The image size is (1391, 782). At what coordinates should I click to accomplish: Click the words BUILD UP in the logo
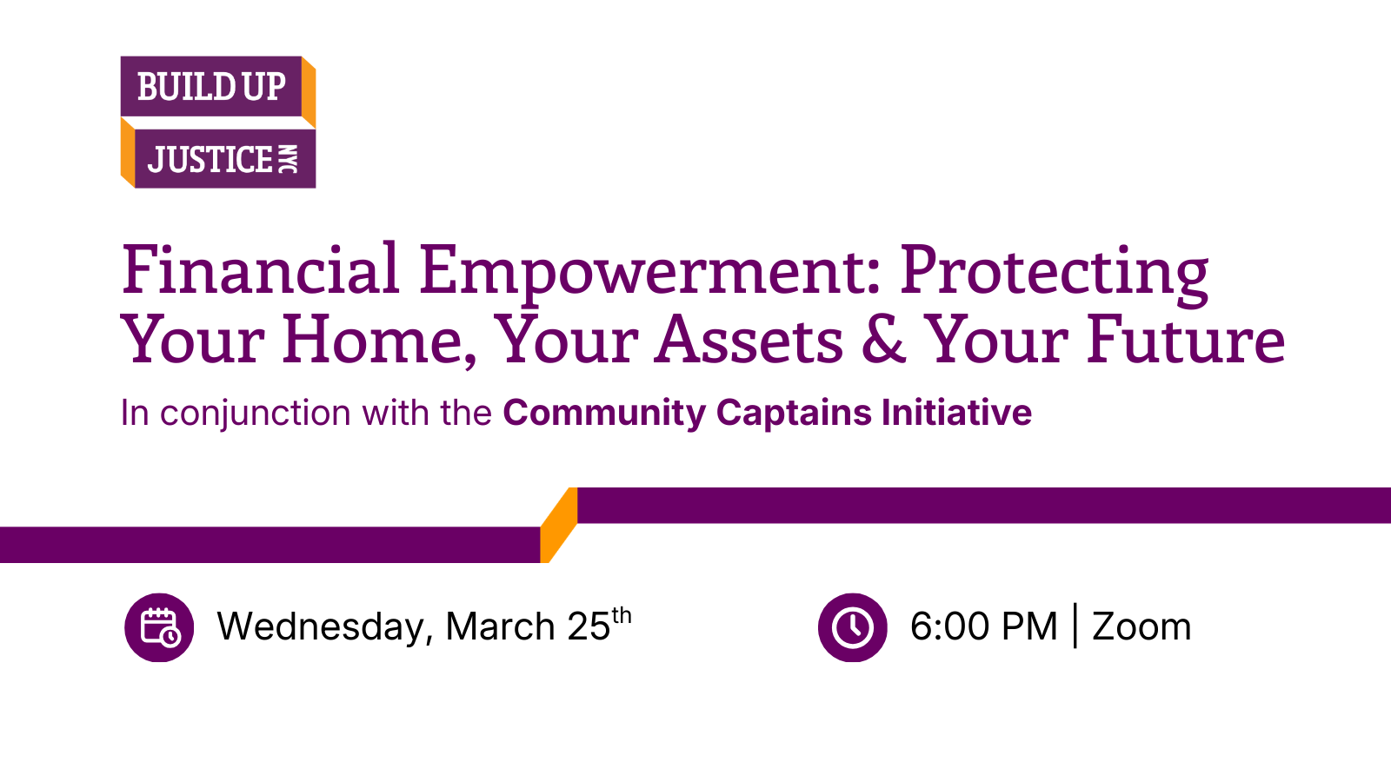211,86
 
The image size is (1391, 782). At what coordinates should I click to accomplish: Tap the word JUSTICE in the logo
210,160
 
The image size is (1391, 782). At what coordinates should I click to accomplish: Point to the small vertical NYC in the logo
288,160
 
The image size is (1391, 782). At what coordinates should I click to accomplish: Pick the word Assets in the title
749,340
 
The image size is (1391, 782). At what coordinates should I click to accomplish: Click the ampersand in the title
883,339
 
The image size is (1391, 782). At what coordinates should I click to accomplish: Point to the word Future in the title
1186,340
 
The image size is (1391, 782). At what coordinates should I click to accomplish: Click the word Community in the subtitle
604,414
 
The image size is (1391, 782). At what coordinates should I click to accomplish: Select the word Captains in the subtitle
795,412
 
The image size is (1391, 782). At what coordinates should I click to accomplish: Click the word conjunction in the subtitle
256,414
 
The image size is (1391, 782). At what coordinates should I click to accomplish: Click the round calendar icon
159,627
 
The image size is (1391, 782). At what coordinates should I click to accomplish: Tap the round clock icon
853,627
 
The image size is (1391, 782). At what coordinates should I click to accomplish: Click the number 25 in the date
589,626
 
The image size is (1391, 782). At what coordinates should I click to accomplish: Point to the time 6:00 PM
983,626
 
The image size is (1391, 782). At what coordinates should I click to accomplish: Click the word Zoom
1141,626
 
